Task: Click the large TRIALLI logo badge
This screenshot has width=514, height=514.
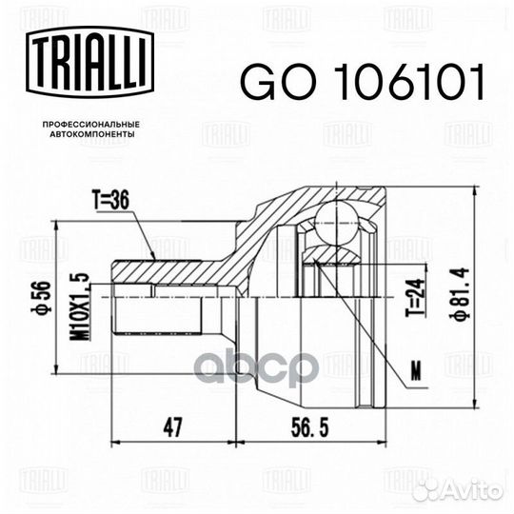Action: tap(89, 62)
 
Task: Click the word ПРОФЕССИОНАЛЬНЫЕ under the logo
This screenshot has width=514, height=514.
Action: tap(91, 125)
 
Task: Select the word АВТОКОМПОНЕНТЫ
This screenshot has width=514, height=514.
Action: tap(92, 134)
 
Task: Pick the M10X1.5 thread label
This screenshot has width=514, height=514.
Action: tap(81, 303)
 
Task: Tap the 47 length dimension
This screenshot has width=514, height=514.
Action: tap(172, 427)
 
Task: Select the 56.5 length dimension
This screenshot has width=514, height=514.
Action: tap(309, 427)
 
